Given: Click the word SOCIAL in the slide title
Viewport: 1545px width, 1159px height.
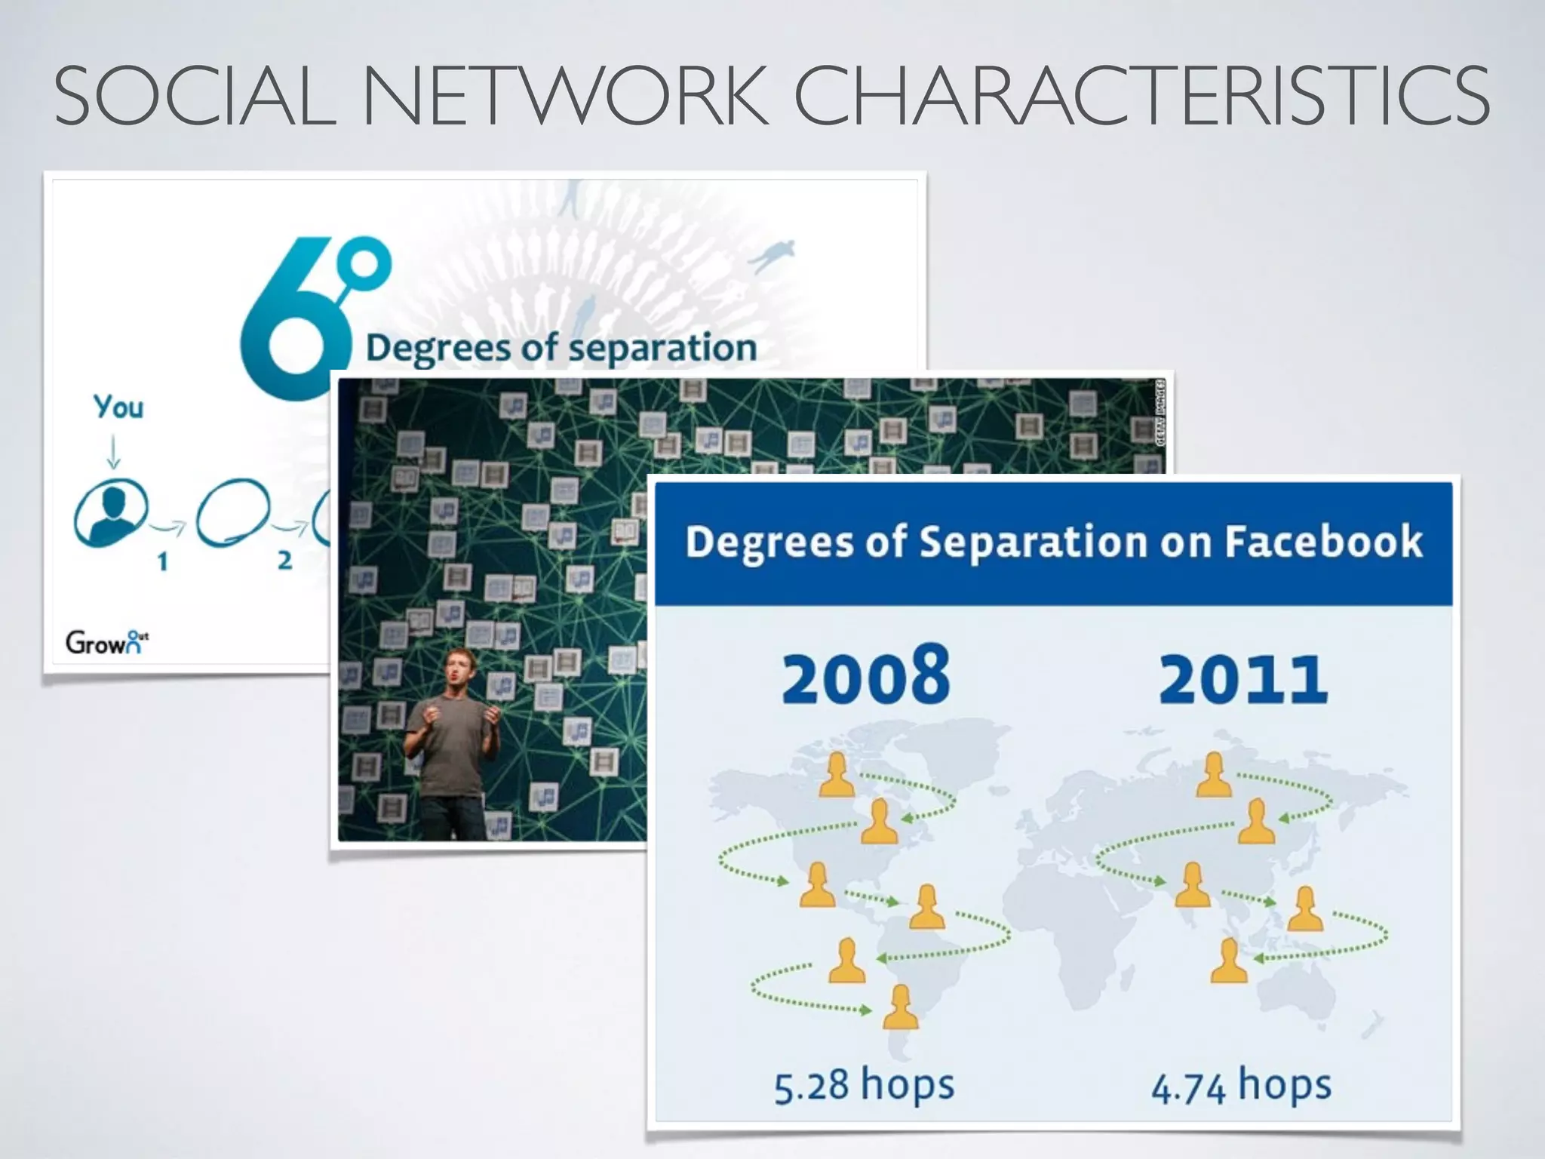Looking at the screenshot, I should (195, 97).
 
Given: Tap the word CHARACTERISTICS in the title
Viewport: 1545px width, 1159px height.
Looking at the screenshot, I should (1141, 97).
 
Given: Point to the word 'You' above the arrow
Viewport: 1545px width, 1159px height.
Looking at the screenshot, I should (118, 407).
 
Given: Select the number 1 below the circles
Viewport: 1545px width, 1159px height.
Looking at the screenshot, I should (162, 561).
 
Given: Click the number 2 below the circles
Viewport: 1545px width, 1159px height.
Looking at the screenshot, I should (284, 561).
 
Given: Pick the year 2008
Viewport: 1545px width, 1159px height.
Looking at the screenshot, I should (865, 676).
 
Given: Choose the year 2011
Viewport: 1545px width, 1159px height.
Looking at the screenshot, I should (1242, 679).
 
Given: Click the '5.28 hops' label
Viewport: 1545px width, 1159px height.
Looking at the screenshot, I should (865, 1086).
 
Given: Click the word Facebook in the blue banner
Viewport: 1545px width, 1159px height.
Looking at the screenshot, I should (1323, 542).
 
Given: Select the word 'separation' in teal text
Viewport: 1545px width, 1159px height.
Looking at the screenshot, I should (662, 349).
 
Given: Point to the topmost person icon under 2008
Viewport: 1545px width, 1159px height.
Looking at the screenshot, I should (837, 775).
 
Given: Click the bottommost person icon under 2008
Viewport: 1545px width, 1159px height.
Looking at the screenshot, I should (901, 1007).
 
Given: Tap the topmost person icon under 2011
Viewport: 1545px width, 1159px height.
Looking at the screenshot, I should (1214, 775).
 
